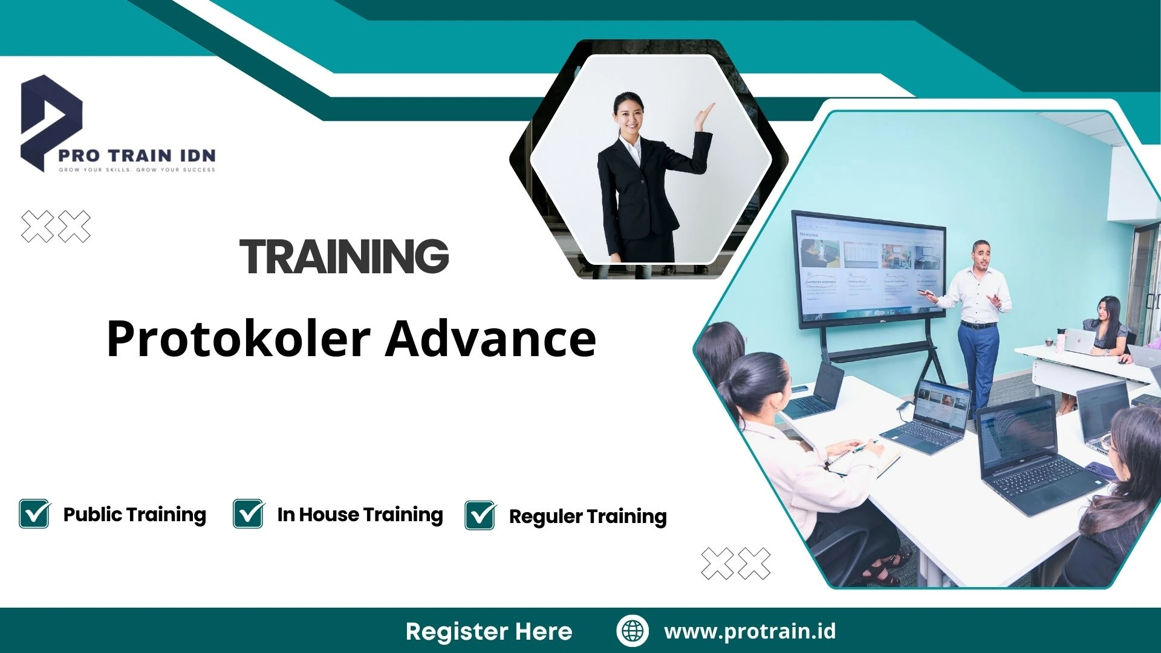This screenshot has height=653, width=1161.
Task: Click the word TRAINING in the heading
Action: pos(344,256)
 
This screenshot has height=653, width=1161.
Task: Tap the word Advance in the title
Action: pos(490,339)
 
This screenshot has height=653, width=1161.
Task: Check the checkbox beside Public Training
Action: pos(34,514)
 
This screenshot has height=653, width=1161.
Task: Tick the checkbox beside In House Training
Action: pos(249,514)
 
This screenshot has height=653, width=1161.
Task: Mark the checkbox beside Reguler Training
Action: pos(480,515)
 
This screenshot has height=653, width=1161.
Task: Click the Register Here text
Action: pos(489,631)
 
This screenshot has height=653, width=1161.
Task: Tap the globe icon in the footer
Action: pos(633,631)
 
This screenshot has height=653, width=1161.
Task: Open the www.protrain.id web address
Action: pos(750,631)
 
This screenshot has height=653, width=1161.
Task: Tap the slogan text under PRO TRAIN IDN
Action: pos(137,170)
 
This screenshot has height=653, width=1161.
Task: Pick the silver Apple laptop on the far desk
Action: pos(1080,342)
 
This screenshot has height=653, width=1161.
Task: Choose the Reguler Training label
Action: pos(587,516)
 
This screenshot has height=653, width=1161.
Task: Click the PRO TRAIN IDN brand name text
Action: pos(137,155)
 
